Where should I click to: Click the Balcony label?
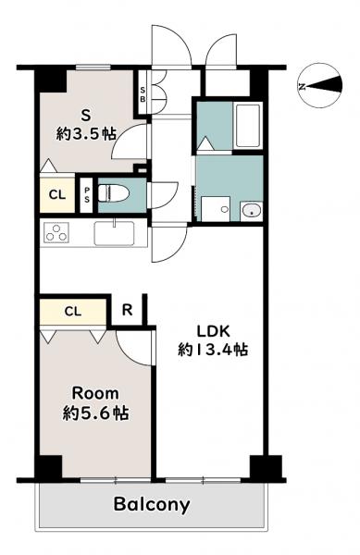(152, 504)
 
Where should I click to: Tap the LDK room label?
(214, 332)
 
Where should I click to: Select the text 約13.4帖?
(213, 350)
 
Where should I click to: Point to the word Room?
(95, 394)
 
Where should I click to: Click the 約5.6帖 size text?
(95, 413)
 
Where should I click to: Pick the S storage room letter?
(86, 115)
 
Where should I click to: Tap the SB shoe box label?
(143, 94)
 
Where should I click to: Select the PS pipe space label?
(87, 195)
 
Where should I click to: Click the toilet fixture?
(113, 194)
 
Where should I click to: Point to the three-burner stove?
(56, 233)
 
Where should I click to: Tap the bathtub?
(249, 125)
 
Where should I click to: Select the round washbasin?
(252, 211)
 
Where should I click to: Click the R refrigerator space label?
(127, 310)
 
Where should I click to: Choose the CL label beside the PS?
(57, 194)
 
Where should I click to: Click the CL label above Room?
(73, 312)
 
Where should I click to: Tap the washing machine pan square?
(216, 209)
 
